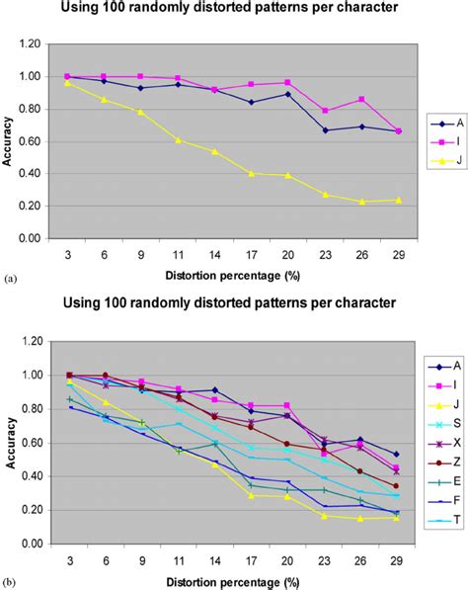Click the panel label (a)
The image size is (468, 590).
tap(8, 280)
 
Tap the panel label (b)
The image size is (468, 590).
tap(8, 583)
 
